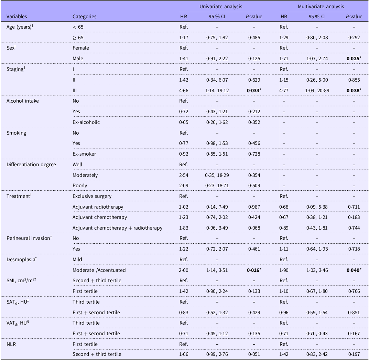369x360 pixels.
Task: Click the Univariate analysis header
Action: pos(221,7)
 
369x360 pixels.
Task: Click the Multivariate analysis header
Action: pos(321,7)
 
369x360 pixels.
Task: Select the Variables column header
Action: pos(17,17)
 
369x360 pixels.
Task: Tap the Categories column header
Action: pos(85,17)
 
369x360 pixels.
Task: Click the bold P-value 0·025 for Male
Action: pos(354,59)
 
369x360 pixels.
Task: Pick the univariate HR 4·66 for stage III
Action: pos(184,91)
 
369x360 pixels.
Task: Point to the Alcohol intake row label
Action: pos(23,101)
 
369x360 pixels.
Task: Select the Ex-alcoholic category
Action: pos(86,122)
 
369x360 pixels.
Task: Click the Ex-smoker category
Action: pos(84,154)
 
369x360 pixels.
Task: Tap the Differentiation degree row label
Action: pos(31,165)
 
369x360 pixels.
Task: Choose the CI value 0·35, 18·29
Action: pos(217,175)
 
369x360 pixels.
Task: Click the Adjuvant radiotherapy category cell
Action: pos(98,207)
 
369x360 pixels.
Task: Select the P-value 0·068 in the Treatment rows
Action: pos(254,228)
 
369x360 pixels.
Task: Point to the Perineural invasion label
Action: pos(29,238)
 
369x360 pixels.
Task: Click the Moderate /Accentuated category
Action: pos(99,270)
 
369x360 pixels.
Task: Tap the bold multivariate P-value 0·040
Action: pos(354,270)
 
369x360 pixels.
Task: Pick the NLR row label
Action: pos(11,344)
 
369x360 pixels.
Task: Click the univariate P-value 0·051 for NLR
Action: pos(254,354)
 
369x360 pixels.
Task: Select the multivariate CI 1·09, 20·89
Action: pos(317,91)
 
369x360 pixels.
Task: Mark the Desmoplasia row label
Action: pos(21,260)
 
